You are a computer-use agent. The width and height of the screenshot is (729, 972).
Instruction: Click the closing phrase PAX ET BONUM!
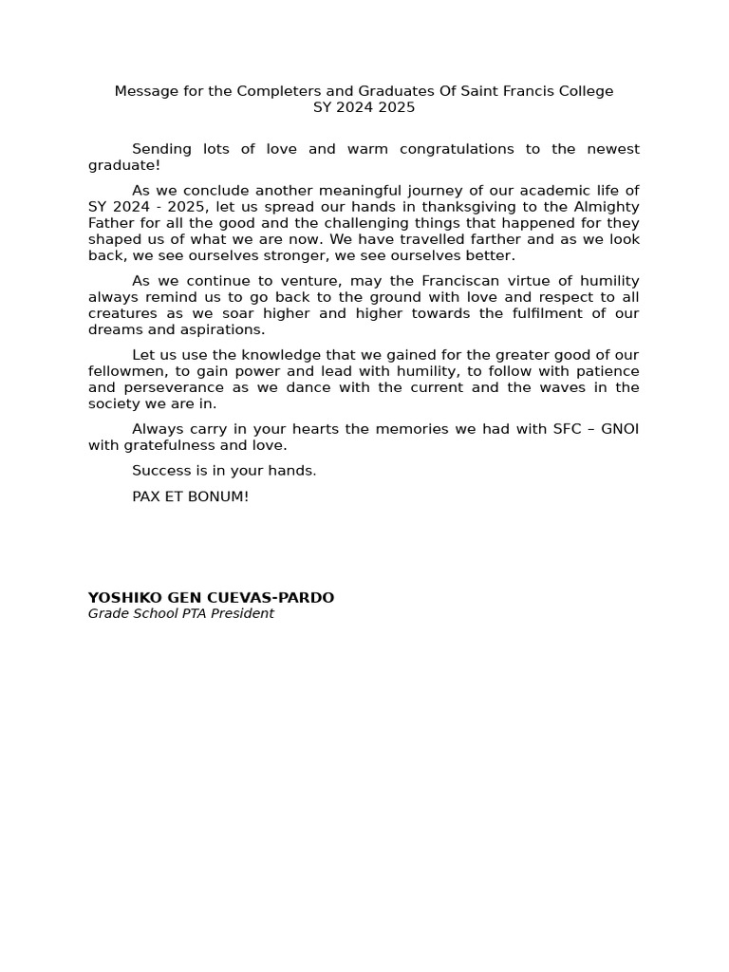click(191, 496)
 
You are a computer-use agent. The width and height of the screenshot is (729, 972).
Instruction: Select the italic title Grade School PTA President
click(181, 614)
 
